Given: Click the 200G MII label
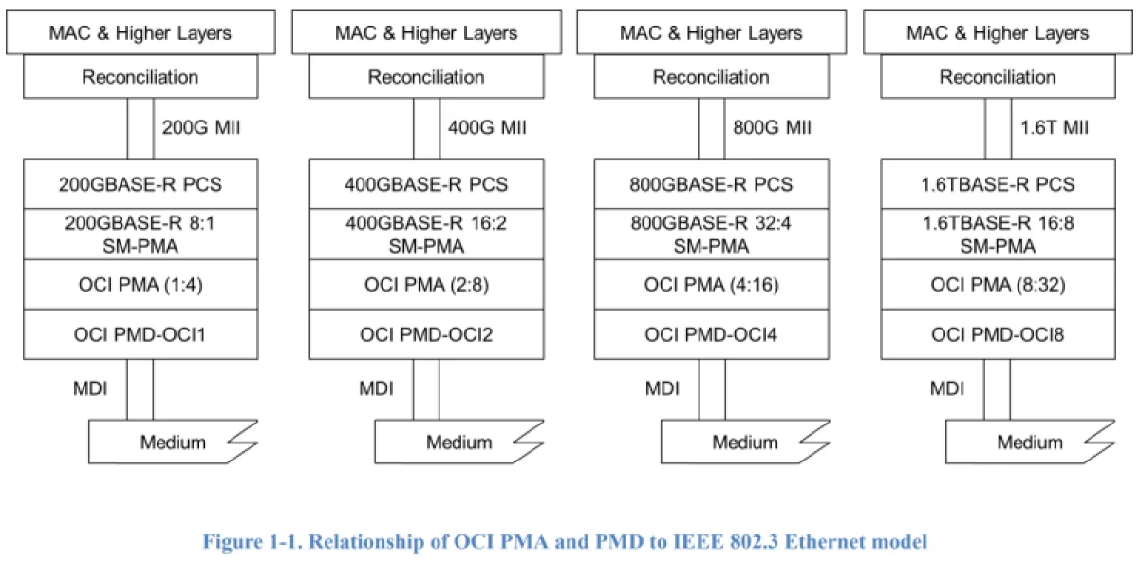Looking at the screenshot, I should point(200,127).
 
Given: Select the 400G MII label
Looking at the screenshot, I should point(487,127).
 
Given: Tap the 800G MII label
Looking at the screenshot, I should point(772,127).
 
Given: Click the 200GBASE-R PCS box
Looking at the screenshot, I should point(140,184).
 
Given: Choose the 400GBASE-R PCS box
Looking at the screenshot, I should point(426,184).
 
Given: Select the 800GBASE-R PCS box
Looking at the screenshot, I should point(711,184).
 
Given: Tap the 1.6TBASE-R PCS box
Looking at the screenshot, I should point(998,184).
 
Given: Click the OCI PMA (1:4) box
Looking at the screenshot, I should point(140,284).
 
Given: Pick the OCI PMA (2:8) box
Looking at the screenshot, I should point(426,284).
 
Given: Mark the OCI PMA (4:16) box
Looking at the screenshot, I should point(711,284).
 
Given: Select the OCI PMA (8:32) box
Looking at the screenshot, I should point(998,284).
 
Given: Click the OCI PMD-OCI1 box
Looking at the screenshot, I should point(140,334).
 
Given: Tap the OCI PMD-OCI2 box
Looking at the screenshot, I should point(426,334).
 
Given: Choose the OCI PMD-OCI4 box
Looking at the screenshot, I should point(711,334).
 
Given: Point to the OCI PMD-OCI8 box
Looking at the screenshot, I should point(998,334).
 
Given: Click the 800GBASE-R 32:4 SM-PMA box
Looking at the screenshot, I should point(711,234).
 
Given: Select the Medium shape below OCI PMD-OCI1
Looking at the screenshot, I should point(171,442).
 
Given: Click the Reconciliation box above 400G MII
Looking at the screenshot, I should point(426,77).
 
